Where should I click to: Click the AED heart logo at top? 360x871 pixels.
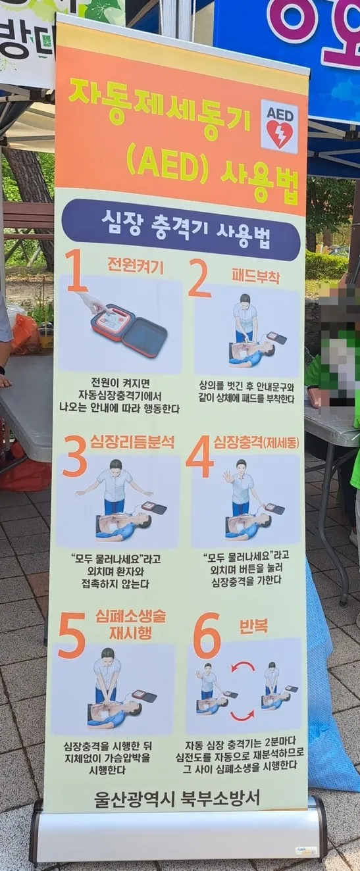click(x=280, y=127)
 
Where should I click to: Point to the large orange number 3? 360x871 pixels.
click(x=75, y=457)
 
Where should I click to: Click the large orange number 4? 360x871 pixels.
click(x=199, y=457)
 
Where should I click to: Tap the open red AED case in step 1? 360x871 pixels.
click(x=130, y=330)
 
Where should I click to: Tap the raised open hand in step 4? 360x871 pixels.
click(x=228, y=477)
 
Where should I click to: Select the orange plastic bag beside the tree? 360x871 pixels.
click(x=24, y=334)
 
